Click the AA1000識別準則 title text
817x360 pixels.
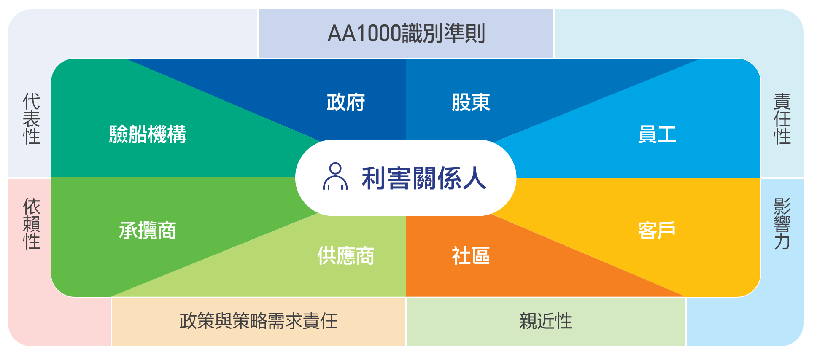406,33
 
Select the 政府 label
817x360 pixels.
346,102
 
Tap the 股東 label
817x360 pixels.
471,102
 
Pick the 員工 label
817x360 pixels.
657,134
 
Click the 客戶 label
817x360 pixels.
657,230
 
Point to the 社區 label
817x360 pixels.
471,255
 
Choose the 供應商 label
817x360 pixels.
346,255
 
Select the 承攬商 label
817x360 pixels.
147,230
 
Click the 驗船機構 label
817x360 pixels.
148,134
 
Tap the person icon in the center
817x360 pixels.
335,177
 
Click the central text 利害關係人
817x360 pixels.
424,177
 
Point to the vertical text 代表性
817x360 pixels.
32,118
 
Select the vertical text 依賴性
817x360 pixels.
32,223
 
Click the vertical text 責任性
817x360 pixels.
782,118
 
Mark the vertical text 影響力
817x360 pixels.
782,223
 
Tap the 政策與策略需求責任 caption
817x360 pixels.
259,321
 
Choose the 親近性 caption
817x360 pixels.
545,321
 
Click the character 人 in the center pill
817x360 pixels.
475,177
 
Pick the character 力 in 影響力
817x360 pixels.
782,242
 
